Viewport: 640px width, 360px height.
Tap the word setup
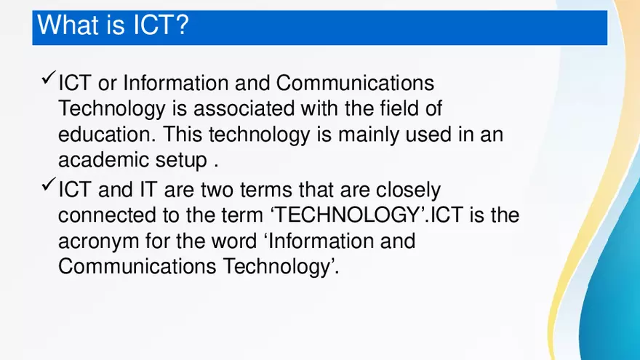185,161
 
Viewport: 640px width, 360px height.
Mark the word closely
408,191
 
